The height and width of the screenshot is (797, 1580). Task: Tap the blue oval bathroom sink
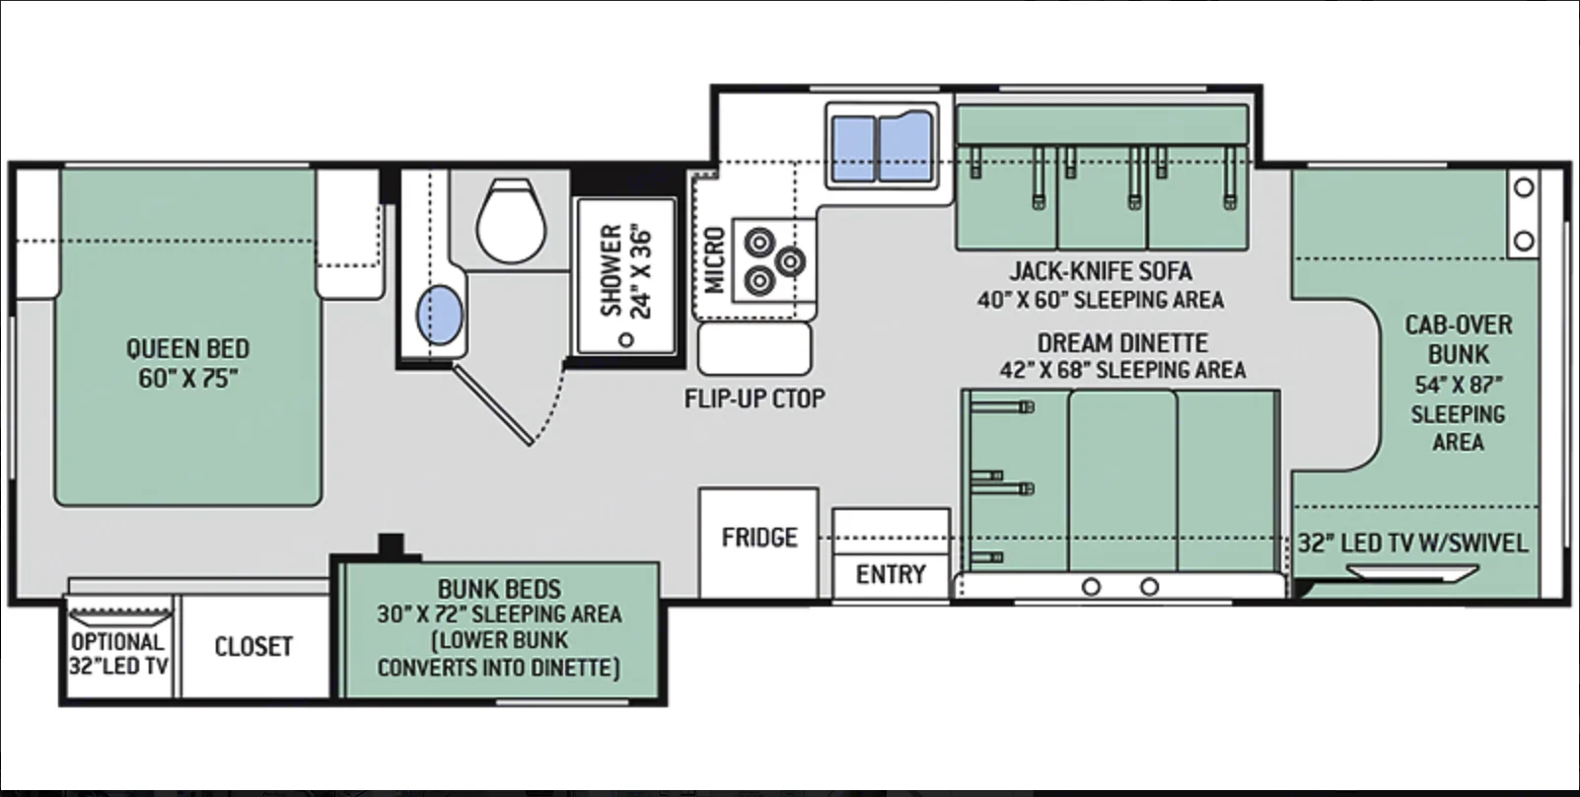coord(440,315)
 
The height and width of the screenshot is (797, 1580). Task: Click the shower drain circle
coord(625,340)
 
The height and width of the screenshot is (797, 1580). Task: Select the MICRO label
coord(714,259)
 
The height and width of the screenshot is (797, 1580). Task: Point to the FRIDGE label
coord(759,538)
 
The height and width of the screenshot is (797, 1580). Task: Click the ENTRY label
coord(891,574)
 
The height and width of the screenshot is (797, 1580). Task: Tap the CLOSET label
coord(253,647)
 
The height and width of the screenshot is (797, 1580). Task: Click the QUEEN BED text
coord(187,348)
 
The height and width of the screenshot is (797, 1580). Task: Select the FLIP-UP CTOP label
coord(754,398)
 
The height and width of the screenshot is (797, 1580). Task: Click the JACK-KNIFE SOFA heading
coord(1101,271)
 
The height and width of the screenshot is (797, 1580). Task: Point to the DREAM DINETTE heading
coord(1122,343)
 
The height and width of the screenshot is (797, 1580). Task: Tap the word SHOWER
coord(610,271)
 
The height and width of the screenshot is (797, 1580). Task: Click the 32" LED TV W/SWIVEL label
coord(1413,543)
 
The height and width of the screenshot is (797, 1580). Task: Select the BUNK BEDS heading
coord(499,589)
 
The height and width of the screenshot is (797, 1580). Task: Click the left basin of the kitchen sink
coord(853,149)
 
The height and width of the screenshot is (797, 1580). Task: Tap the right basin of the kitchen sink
coord(905,147)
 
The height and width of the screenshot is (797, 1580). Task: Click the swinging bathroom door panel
coord(492,405)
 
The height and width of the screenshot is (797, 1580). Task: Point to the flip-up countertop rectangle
coord(754,348)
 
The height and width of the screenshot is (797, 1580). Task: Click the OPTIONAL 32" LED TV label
coord(117,654)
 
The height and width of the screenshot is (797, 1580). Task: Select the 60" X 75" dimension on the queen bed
coord(187,379)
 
